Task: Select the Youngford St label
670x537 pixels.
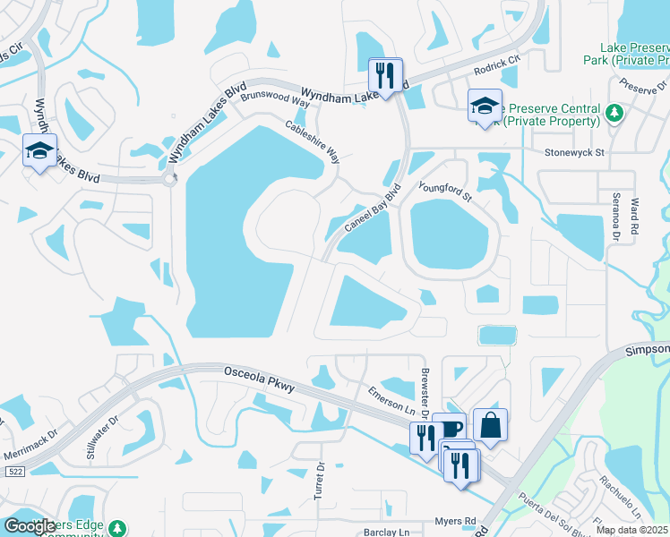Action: pyautogui.click(x=444, y=192)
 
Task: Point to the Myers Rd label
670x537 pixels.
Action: pyautogui.click(x=457, y=521)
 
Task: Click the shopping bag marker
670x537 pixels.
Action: pyautogui.click(x=490, y=425)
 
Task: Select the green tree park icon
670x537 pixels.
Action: pyautogui.click(x=614, y=113)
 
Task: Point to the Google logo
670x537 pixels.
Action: pyautogui.click(x=30, y=526)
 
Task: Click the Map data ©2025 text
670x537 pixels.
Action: pyautogui.click(x=631, y=530)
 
